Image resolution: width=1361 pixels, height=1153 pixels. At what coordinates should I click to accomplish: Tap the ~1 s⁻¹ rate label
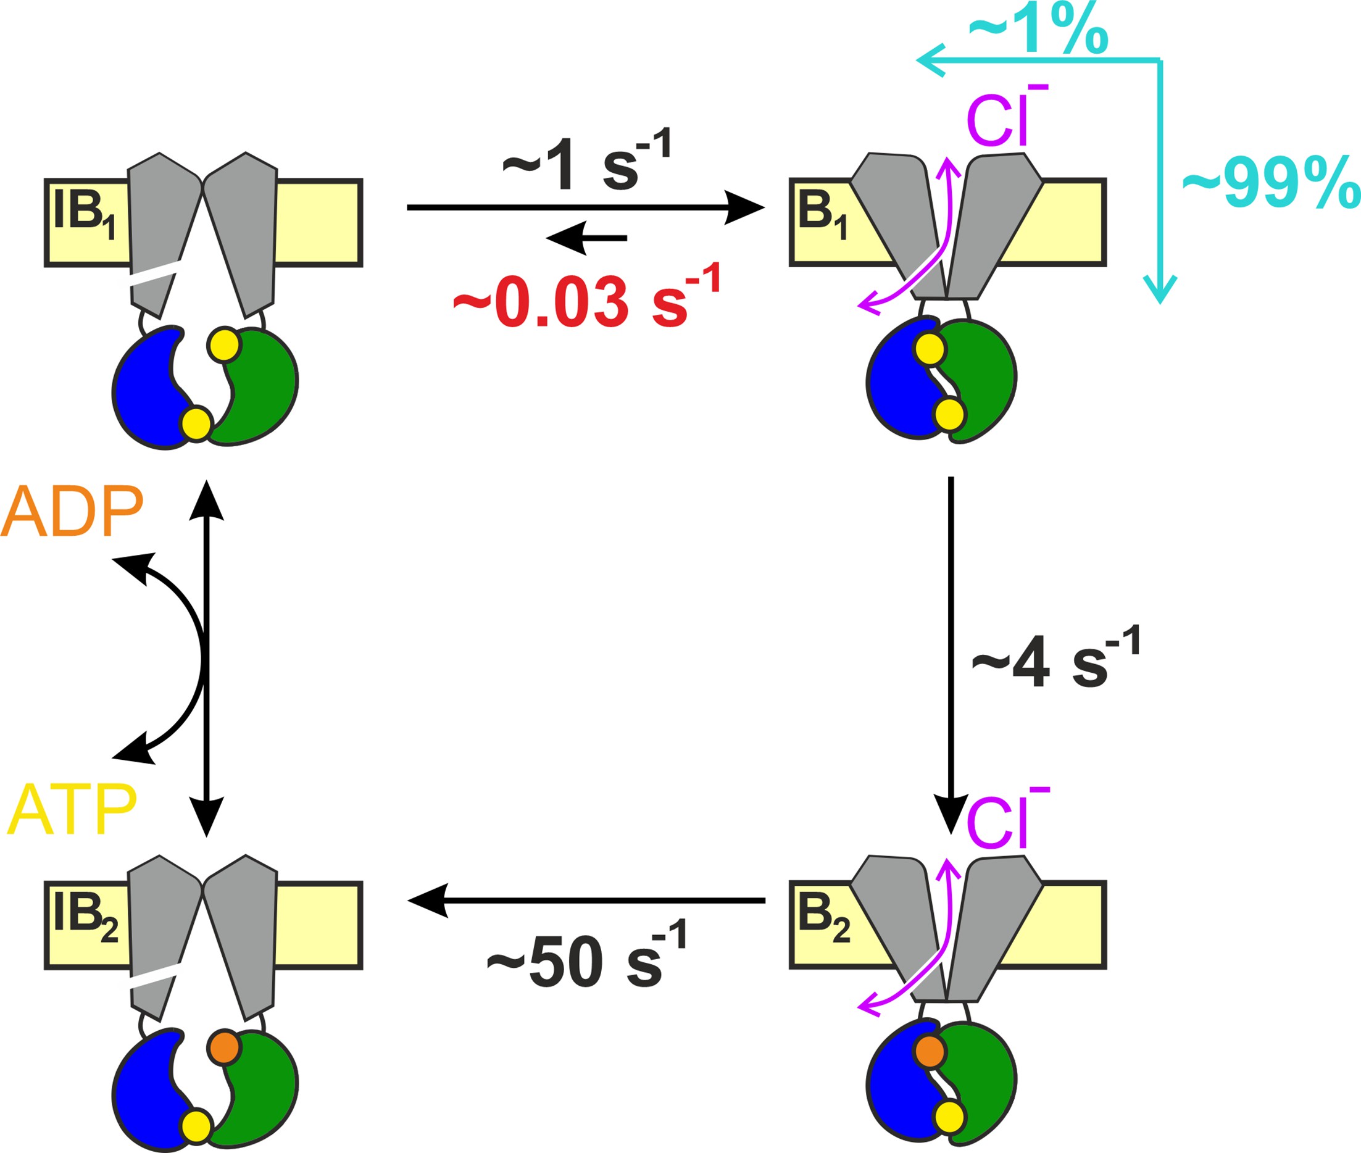coord(586,164)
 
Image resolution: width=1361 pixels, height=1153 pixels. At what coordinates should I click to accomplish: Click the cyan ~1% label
coord(1038,31)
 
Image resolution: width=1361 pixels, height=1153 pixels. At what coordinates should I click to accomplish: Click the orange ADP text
coord(72,511)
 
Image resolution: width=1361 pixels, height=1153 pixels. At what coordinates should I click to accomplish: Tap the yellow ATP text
coord(72,810)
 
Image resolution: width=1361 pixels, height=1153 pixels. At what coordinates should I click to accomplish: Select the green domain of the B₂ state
coord(987,1078)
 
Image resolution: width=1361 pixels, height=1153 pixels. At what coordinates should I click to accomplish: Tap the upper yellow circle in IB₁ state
coord(225,344)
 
